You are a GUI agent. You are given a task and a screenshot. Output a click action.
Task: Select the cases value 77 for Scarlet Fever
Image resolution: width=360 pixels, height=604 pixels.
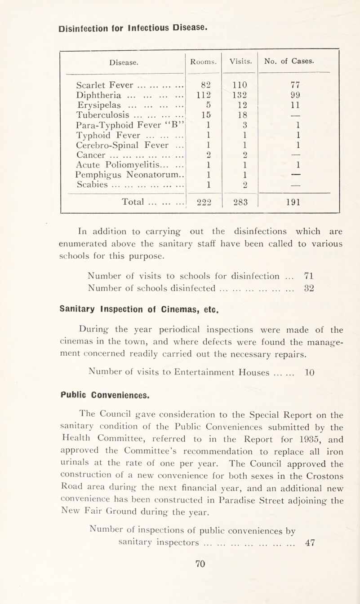tap(291, 85)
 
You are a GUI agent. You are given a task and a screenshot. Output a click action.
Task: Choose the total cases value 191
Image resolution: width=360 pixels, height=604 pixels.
tap(291, 202)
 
